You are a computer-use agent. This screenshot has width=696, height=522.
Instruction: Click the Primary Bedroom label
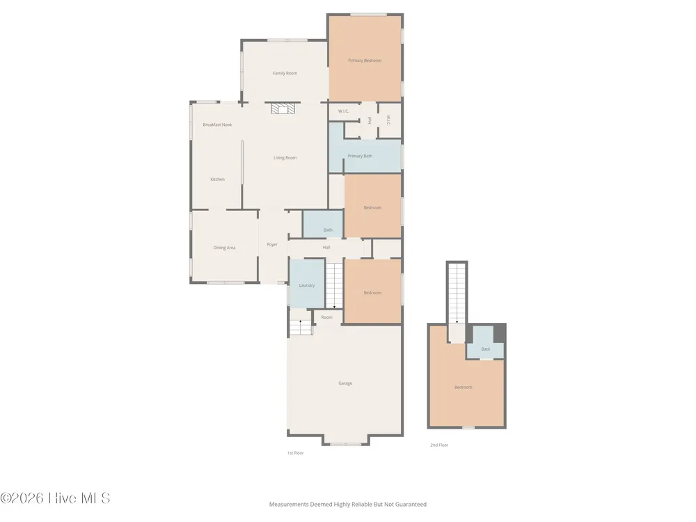365,61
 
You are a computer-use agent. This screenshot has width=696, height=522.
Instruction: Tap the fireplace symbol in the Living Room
283,109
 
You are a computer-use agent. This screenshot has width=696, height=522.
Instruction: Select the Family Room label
285,73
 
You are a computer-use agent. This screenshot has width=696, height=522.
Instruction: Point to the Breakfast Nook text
217,125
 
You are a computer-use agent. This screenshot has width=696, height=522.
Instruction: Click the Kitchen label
217,180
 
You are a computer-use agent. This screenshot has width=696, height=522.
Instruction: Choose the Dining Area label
225,248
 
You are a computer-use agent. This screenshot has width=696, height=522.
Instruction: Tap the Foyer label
272,244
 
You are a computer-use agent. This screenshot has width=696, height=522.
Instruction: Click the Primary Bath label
360,156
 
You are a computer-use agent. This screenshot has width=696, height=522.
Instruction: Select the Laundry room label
307,285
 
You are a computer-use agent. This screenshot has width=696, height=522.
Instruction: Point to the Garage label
345,383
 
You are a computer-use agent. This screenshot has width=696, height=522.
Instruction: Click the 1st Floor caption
295,453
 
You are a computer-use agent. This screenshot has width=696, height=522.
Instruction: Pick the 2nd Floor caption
439,445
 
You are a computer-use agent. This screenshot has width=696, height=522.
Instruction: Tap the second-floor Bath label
486,349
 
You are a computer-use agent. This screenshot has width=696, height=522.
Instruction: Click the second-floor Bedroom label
463,388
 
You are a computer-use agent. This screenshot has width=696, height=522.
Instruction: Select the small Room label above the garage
326,317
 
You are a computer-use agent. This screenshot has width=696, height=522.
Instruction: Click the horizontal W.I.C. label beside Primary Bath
344,111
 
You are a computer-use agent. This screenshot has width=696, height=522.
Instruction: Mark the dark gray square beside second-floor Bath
499,333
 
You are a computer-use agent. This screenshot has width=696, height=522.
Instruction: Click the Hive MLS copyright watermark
55,498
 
